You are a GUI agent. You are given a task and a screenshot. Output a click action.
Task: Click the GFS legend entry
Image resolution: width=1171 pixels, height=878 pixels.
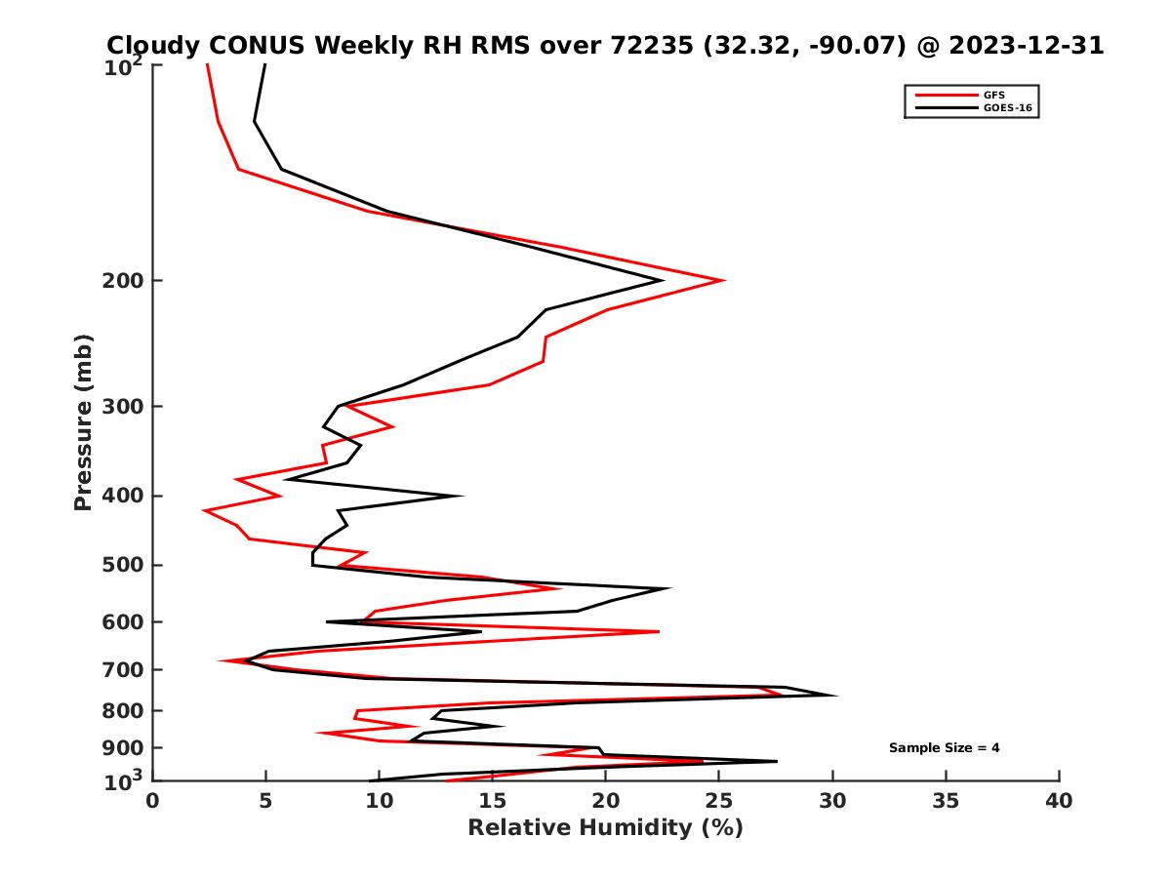pyautogui.click(x=996, y=96)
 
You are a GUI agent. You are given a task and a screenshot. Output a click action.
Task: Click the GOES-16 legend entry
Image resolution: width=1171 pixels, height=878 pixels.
pyautogui.click(x=1006, y=108)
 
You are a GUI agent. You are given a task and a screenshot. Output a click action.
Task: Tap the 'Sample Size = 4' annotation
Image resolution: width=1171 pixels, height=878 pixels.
pyautogui.click(x=944, y=748)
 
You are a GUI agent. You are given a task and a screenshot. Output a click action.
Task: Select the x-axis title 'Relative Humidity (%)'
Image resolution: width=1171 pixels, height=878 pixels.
pyautogui.click(x=605, y=828)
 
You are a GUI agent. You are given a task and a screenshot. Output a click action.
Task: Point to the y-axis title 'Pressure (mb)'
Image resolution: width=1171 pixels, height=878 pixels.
pyautogui.click(x=83, y=421)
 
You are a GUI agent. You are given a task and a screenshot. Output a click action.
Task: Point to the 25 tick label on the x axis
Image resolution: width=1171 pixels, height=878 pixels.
pyautogui.click(x=719, y=801)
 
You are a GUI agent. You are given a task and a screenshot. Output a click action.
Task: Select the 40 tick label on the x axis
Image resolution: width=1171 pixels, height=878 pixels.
pyautogui.click(x=1059, y=801)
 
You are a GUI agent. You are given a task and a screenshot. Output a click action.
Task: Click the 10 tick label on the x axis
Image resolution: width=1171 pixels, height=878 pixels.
pyautogui.click(x=379, y=801)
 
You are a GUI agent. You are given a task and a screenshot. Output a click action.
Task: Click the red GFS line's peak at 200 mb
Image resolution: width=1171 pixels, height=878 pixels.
pyautogui.click(x=723, y=281)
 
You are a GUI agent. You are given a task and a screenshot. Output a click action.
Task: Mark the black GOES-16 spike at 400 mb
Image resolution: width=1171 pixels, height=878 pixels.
pyautogui.click(x=461, y=496)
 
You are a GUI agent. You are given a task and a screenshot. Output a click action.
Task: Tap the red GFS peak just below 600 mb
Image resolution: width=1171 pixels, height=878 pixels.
pyautogui.click(x=659, y=632)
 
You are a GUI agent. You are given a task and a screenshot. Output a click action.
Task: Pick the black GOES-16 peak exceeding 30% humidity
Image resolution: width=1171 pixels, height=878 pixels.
pyautogui.click(x=836, y=696)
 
